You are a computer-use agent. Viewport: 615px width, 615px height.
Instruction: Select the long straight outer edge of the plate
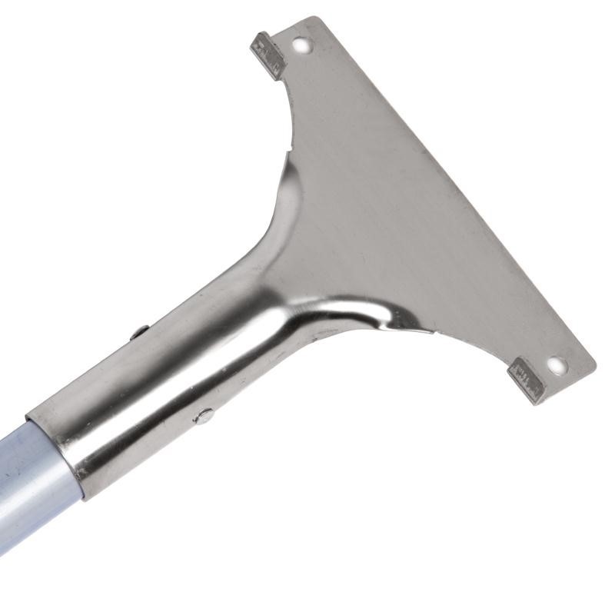[x=461, y=192]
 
